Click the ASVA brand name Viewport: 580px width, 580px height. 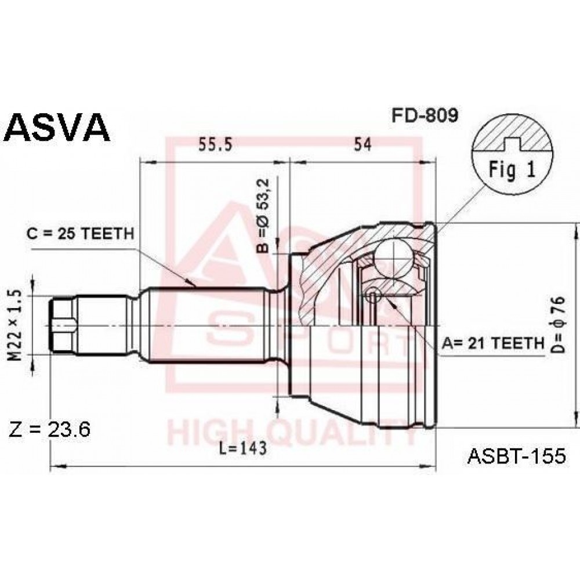pyautogui.click(x=58, y=127)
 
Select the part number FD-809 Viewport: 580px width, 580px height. pyautogui.click(x=425, y=115)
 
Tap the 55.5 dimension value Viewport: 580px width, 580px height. pyautogui.click(x=215, y=144)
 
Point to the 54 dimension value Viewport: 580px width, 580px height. pyautogui.click(x=362, y=144)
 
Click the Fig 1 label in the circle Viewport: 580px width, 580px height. pyautogui.click(x=512, y=170)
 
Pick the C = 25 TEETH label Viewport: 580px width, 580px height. pyautogui.click(x=80, y=233)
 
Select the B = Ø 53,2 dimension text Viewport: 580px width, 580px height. pyautogui.click(x=264, y=215)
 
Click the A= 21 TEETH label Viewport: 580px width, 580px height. pyautogui.click(x=493, y=343)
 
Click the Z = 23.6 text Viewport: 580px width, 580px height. pyautogui.click(x=49, y=430)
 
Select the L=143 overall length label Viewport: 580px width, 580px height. pyautogui.click(x=242, y=449)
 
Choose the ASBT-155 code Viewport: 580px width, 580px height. pyautogui.click(x=517, y=456)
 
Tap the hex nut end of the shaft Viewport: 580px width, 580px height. pyautogui.click(x=63, y=326)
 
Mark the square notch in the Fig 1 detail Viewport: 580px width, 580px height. pyautogui.click(x=513, y=144)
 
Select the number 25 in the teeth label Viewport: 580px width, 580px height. pyautogui.click(x=67, y=233)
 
